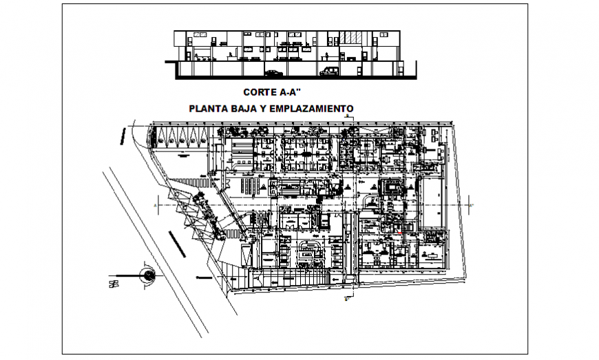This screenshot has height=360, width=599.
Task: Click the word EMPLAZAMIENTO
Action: point(315,108)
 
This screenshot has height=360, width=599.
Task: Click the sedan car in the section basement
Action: point(273,72)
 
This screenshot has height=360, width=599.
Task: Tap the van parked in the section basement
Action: point(330,71)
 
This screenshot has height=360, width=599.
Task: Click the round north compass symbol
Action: point(147,275)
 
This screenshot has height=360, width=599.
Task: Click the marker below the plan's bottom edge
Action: point(346,299)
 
